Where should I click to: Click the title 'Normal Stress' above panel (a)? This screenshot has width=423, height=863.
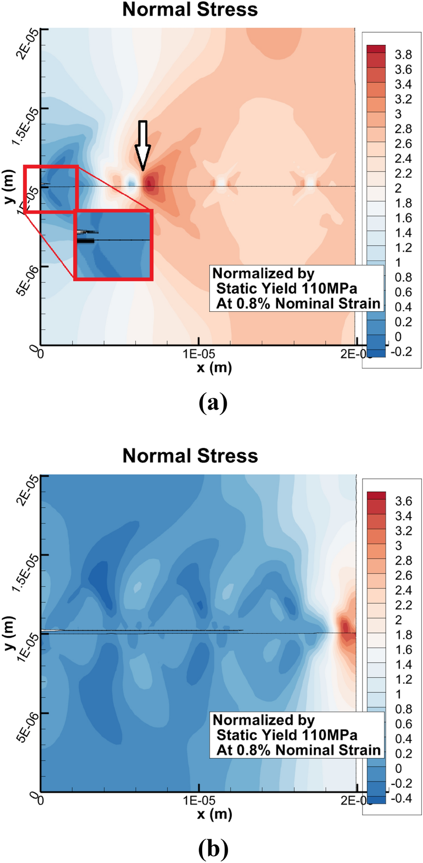pyautogui.click(x=190, y=9)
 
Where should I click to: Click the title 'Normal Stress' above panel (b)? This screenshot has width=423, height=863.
pyautogui.click(x=190, y=456)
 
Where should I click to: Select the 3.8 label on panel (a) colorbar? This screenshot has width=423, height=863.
pyautogui.click(x=403, y=55)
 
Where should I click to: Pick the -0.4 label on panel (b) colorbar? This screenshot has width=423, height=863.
pyautogui.click(x=402, y=798)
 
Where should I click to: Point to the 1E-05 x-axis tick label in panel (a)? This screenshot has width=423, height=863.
pyautogui.click(x=199, y=354)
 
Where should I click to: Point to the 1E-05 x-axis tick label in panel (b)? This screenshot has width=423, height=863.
pyautogui.click(x=199, y=800)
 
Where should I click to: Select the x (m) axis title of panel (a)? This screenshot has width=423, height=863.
pyautogui.click(x=214, y=368)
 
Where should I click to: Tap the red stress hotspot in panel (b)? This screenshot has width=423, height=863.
pyautogui.click(x=345, y=627)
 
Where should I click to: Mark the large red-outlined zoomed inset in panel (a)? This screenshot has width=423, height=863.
pyautogui.click(x=113, y=245)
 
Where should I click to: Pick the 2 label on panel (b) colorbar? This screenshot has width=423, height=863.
pyautogui.click(x=398, y=620)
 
